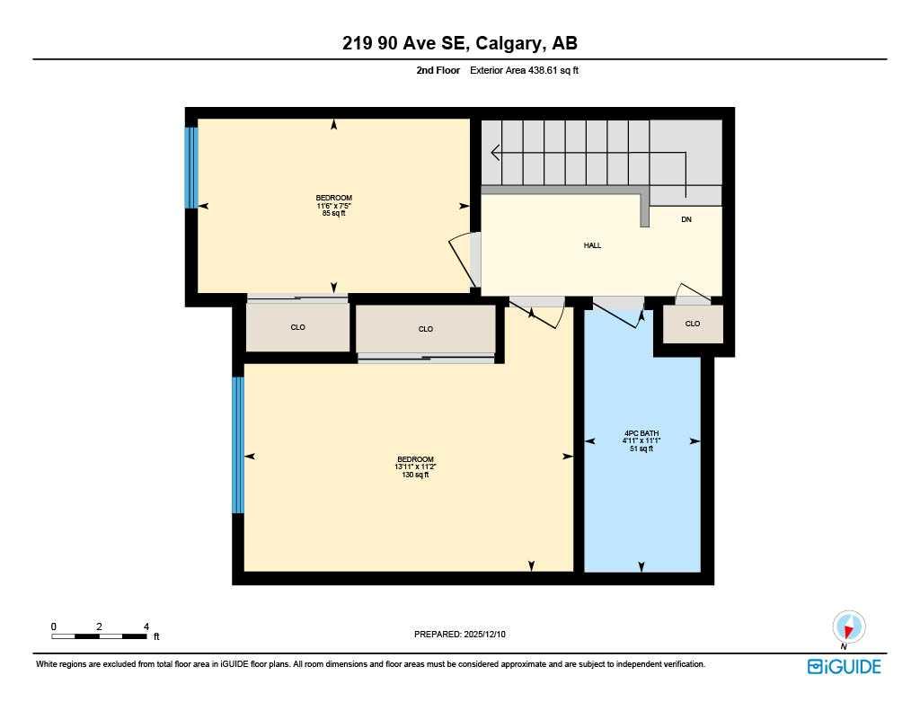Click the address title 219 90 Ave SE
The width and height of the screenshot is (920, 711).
click(459, 43)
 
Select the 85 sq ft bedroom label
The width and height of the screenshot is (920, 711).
click(333, 206)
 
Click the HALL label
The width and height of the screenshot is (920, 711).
click(592, 245)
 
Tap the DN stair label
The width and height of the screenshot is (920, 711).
click(686, 219)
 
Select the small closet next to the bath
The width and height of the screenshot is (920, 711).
click(693, 324)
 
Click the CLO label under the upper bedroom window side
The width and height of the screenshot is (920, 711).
click(297, 328)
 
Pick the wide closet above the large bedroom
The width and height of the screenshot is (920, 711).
click(426, 329)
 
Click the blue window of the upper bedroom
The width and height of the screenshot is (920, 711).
click(190, 167)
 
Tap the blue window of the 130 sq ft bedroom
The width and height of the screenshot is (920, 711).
click(238, 445)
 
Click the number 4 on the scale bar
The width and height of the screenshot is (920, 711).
click(146, 627)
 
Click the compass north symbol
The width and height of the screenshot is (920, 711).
click(848, 627)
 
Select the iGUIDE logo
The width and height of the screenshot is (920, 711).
click(844, 666)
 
